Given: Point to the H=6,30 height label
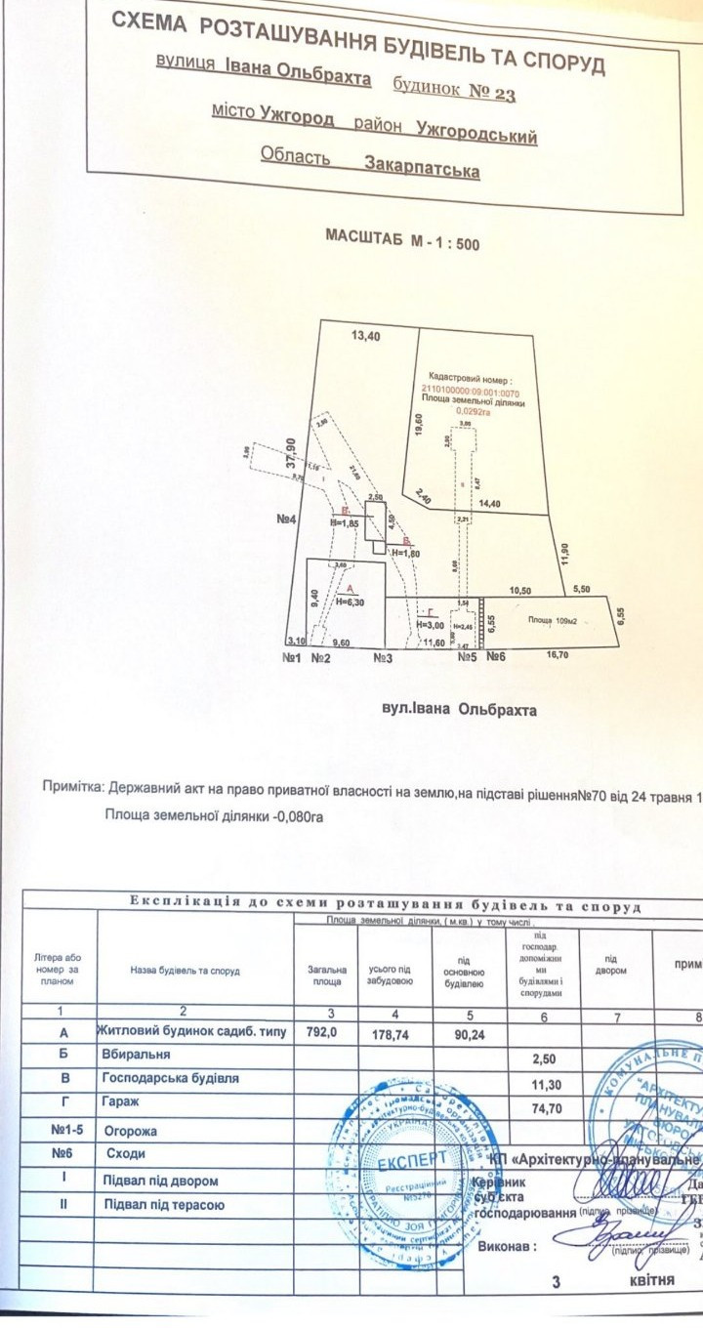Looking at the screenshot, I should (x=351, y=602).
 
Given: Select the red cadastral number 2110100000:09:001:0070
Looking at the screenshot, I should (x=465, y=391).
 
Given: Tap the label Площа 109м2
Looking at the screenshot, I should (x=554, y=620).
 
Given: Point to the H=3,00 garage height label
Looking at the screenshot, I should (x=431, y=624).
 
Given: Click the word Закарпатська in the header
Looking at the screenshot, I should (x=422, y=169).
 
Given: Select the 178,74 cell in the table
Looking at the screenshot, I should (x=394, y=1033).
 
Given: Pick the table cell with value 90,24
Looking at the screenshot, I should (x=465, y=1033).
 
